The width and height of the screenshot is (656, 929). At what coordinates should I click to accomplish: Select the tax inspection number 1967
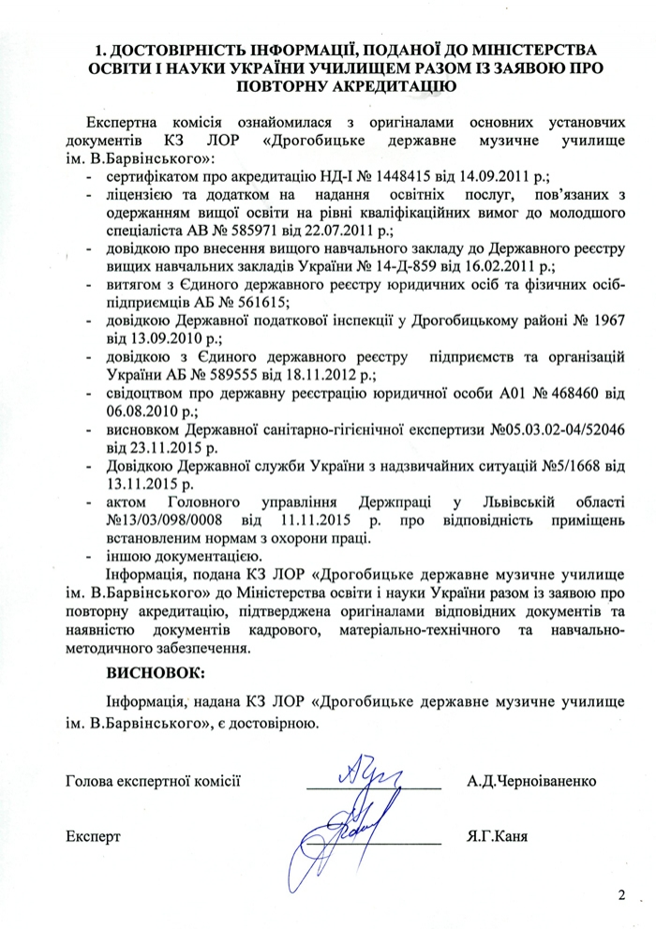tap(604, 320)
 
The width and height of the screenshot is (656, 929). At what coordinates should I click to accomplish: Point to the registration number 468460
tap(562, 393)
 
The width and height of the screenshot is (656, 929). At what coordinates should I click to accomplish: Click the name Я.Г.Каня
tap(496, 833)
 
